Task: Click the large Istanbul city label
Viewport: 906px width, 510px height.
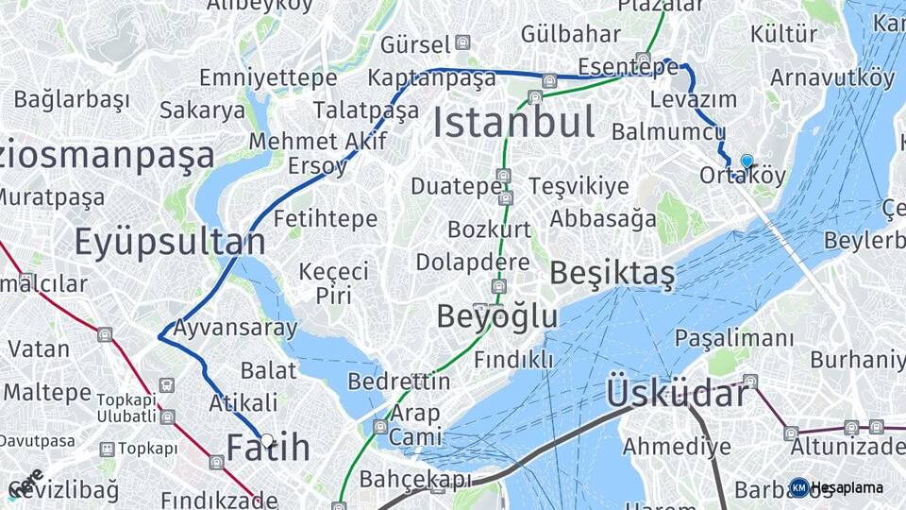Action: point(514,123)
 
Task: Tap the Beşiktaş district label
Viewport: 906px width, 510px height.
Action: point(612,274)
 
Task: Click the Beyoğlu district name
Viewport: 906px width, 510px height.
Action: point(497,316)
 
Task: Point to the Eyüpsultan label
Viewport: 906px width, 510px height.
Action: point(170,243)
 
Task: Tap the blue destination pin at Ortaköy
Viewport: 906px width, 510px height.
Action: point(747,161)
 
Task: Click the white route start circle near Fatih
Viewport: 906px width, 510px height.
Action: point(267,441)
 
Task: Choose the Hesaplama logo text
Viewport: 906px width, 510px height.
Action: point(847,487)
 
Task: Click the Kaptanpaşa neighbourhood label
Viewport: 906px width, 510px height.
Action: point(432,77)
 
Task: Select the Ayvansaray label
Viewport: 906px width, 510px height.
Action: point(235,329)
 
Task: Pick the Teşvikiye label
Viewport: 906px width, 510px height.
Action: point(579,186)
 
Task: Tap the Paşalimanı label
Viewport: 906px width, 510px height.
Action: point(734,338)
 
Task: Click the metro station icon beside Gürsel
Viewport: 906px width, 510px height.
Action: point(462,42)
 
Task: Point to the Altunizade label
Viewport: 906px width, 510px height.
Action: point(847,446)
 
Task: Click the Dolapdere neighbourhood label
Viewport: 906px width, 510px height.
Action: point(473,262)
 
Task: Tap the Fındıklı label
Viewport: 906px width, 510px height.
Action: point(513,360)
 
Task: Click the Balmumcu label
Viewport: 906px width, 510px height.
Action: point(668,131)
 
